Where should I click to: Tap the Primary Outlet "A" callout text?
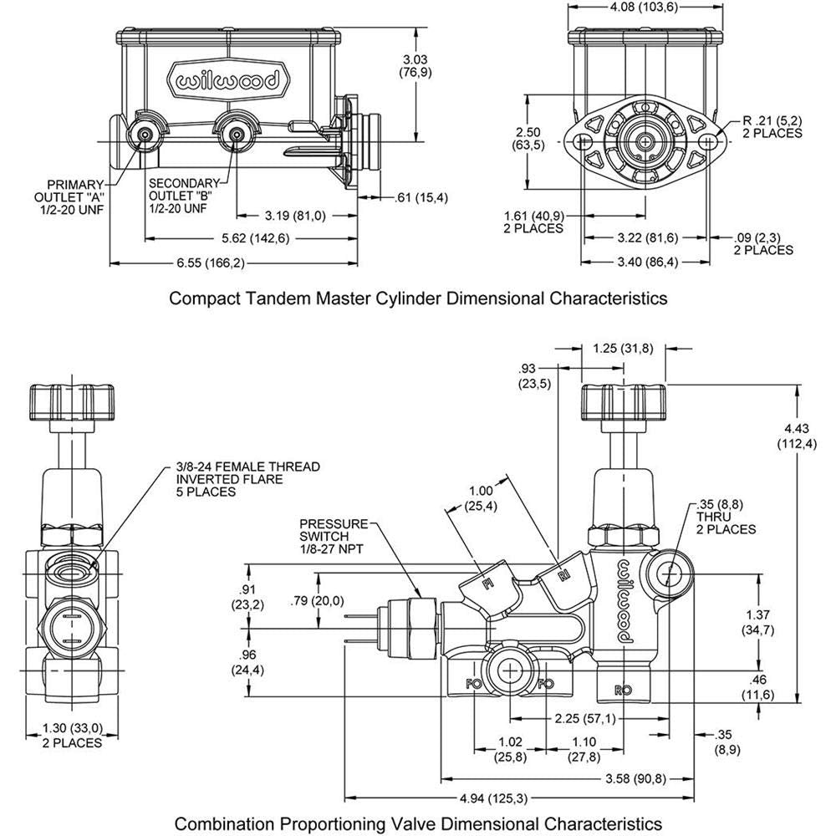click(x=74, y=196)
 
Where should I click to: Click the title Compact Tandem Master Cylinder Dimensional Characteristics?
click(x=418, y=298)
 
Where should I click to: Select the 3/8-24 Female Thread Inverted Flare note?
click(x=236, y=478)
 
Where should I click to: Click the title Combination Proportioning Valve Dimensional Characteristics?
click(x=418, y=823)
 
